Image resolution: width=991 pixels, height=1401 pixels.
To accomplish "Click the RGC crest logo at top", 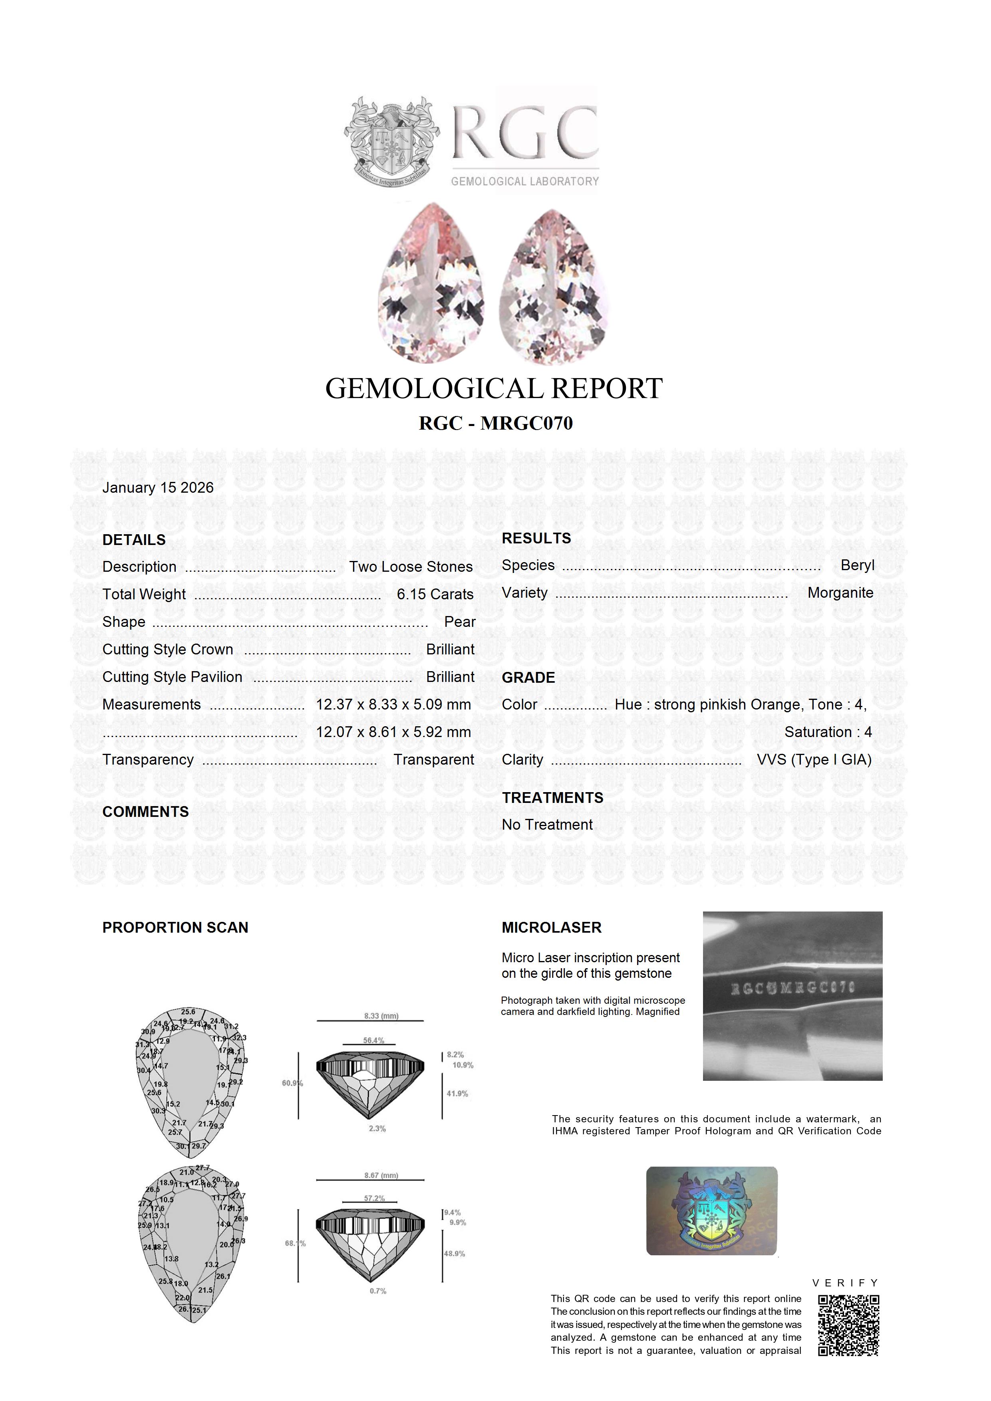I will point(391,142).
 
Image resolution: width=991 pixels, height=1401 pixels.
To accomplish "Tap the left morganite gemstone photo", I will point(432,283).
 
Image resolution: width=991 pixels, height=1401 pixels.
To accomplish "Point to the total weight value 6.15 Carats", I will point(435,594).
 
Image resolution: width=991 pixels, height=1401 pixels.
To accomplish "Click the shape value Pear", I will point(460,622).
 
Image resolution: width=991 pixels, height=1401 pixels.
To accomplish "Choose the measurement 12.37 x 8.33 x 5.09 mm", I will point(393,704).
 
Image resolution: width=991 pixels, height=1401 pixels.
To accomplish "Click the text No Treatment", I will point(547,824).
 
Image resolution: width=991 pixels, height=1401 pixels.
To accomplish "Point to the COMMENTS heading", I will point(145,812).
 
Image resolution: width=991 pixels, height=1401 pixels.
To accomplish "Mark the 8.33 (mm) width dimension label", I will point(381,1016).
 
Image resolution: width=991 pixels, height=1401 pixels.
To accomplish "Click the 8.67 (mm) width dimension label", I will point(381,1175).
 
